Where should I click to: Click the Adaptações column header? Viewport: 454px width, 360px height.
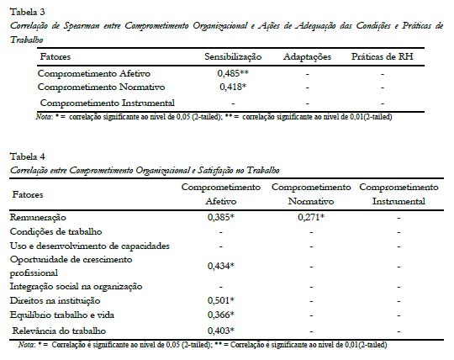(x=308, y=56)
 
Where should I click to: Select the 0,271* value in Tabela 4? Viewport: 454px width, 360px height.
(x=312, y=217)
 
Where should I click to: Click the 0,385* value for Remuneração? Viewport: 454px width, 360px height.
(x=221, y=217)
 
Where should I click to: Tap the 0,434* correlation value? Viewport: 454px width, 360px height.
(x=221, y=266)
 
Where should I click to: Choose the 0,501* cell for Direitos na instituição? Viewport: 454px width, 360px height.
(x=221, y=300)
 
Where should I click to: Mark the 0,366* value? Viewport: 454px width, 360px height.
(x=221, y=315)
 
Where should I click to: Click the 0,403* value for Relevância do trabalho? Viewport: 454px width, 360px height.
(x=221, y=330)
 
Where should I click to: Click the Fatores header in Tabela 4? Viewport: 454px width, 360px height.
(x=28, y=194)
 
